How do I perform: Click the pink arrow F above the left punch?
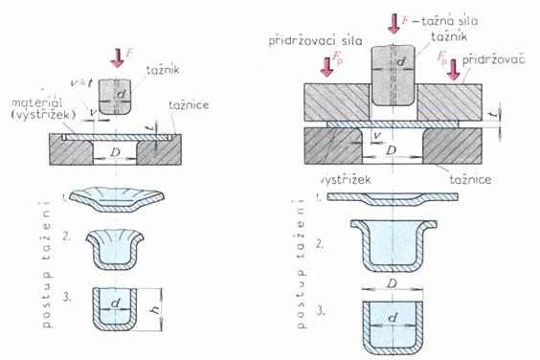tap(118, 57)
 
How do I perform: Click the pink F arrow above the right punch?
tap(394, 23)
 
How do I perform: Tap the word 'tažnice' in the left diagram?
tap(189, 105)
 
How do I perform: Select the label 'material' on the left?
tap(37, 102)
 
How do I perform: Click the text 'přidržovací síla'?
tap(315, 41)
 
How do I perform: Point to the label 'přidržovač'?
tap(493, 60)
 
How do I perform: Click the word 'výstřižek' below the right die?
tap(346, 179)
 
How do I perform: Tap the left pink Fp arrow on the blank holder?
tap(326, 66)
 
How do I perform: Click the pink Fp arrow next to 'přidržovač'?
tap(454, 70)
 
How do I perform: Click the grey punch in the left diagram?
tap(115, 98)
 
